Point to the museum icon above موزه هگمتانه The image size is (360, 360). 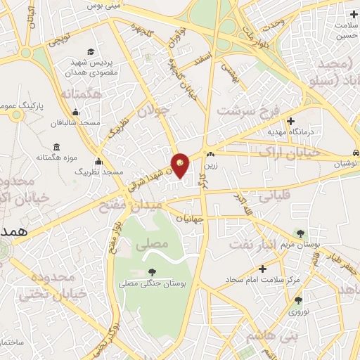pos(56,146)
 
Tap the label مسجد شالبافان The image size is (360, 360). pos(75,123)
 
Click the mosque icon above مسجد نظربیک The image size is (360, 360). pos(98,161)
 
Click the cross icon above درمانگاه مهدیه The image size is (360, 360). pos(290,121)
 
